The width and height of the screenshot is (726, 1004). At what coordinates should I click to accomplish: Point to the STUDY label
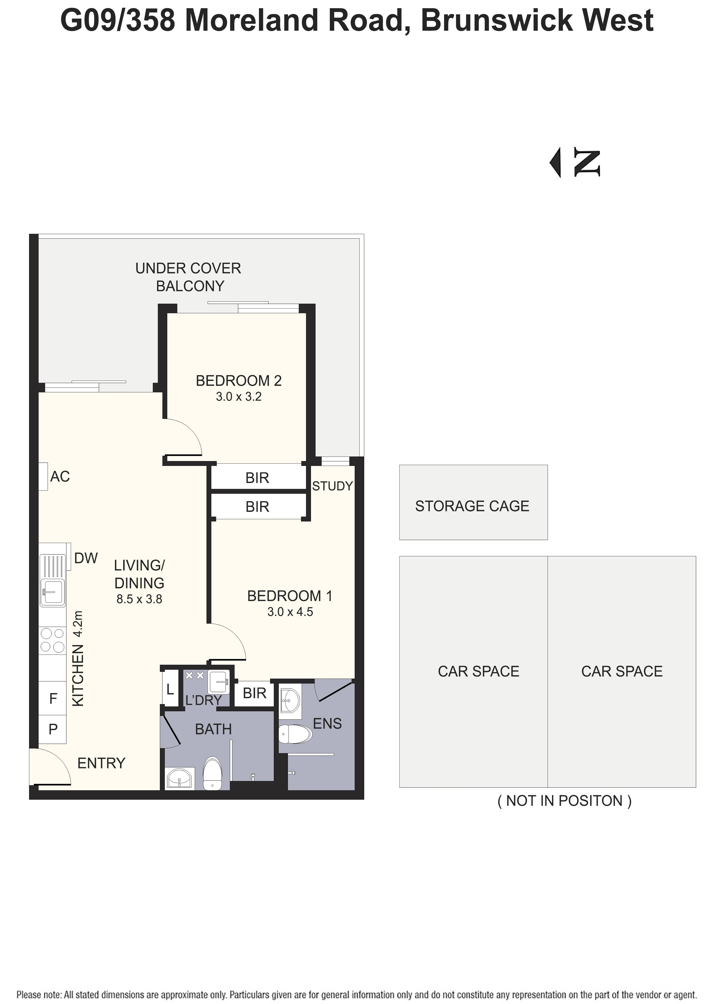pos(332,486)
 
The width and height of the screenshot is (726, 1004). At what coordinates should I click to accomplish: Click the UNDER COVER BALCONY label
pos(189,277)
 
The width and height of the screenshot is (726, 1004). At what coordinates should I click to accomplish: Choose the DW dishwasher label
pos(86,558)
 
